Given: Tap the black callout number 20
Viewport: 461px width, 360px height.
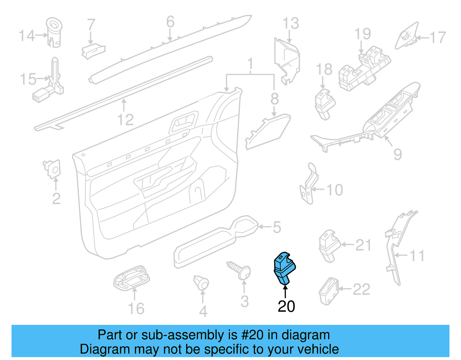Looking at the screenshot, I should pos(286,306).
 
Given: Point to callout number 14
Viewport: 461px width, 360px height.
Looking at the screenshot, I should pos(27,35).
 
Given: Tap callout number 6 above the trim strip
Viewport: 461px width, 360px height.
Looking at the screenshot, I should pos(170,22).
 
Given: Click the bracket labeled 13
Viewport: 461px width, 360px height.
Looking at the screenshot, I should pos(287,60).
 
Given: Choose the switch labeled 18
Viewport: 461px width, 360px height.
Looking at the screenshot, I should pos(324,104).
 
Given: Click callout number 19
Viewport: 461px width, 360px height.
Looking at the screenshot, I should pos(362,34).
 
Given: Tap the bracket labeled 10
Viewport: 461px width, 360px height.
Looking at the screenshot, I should pos(309,184).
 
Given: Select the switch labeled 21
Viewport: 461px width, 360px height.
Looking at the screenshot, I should pos(329,245).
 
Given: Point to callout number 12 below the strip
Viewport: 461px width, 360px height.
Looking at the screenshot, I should pos(125,120).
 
